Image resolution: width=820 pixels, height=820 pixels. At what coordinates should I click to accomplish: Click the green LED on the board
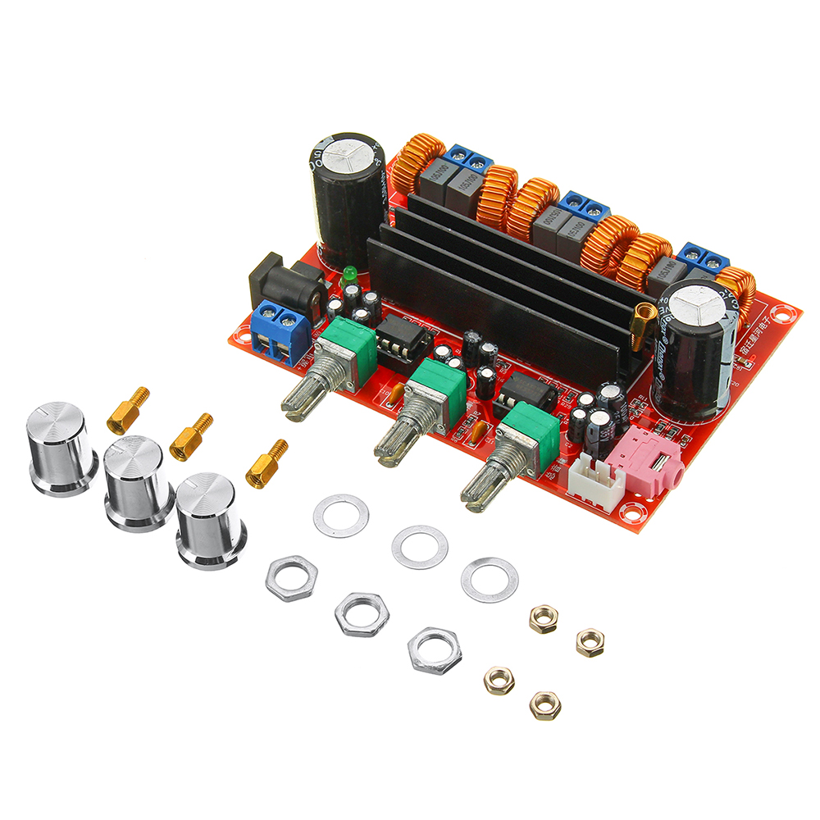[x=348, y=272]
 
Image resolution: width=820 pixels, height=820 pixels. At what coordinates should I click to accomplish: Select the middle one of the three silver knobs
[x=137, y=484]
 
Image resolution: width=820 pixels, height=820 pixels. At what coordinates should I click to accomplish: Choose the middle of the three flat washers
[x=420, y=546]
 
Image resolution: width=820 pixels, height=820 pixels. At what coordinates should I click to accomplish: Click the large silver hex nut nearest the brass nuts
[x=434, y=650]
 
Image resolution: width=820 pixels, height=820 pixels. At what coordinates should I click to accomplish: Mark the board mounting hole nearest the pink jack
[x=631, y=512]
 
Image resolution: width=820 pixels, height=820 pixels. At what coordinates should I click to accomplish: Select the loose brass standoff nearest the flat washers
[x=267, y=464]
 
